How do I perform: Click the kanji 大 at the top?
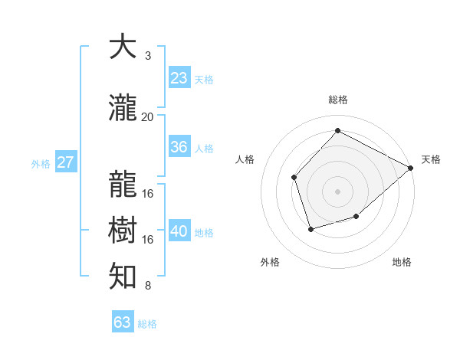(x=123, y=47)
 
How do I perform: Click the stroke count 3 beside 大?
(x=147, y=56)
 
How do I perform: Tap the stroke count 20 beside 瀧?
(x=147, y=116)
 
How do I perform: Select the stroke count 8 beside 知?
(x=147, y=286)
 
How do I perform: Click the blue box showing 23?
(x=179, y=78)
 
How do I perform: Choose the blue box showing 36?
(x=179, y=147)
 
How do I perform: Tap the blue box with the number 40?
(x=179, y=231)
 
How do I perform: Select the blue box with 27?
(x=65, y=162)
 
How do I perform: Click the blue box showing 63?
(x=122, y=322)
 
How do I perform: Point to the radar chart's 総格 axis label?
(x=337, y=100)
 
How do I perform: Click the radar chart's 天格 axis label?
(x=431, y=159)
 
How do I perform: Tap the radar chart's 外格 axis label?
(x=270, y=262)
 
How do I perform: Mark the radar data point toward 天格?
(x=410, y=168)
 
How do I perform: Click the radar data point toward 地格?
(x=356, y=217)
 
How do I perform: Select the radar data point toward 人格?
(x=294, y=178)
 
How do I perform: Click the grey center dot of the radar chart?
(x=337, y=191)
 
